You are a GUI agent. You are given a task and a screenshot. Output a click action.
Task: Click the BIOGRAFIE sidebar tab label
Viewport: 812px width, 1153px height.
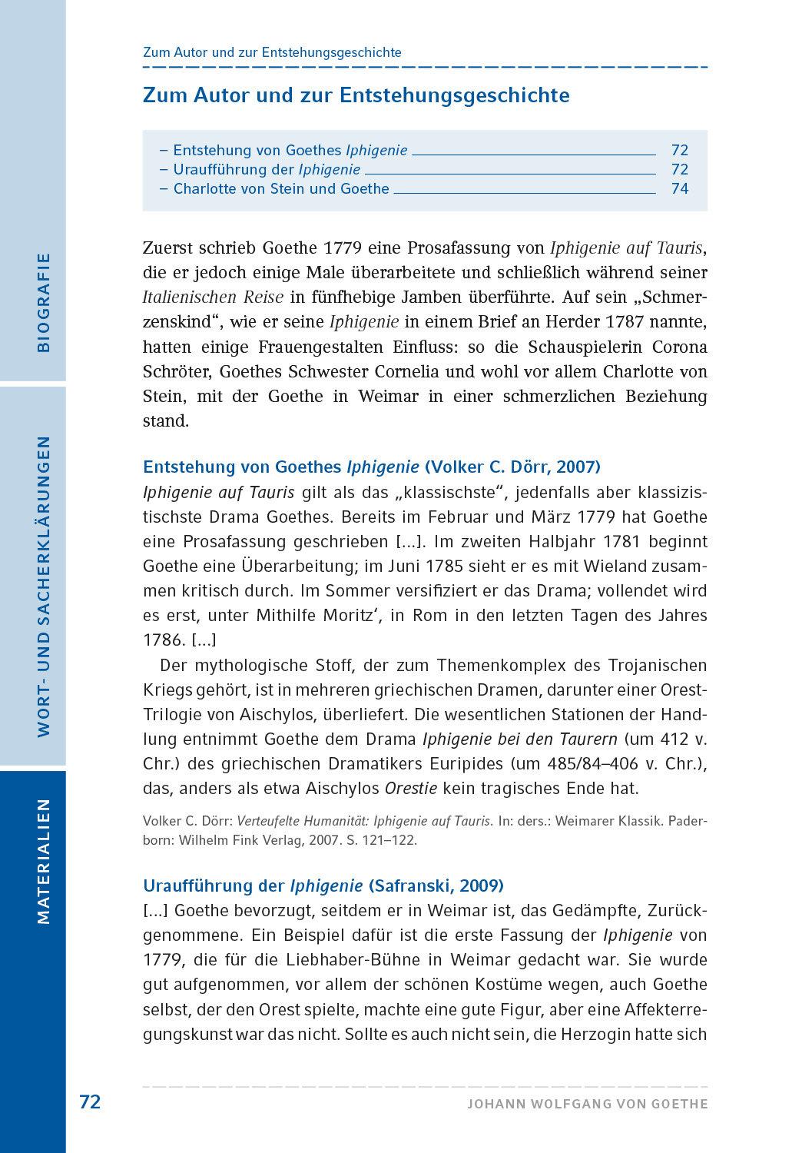click(x=44, y=302)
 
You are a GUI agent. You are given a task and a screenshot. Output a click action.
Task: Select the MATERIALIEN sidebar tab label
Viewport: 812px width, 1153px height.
click(x=44, y=861)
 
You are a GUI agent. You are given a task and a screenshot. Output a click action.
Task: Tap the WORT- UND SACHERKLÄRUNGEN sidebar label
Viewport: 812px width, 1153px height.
click(x=44, y=586)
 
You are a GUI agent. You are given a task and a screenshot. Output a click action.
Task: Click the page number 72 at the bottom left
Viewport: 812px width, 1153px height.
click(x=90, y=1102)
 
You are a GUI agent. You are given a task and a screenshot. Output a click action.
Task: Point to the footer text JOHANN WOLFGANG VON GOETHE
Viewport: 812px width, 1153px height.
click(x=588, y=1104)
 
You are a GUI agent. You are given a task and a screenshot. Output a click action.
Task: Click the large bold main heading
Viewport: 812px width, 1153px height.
click(x=356, y=95)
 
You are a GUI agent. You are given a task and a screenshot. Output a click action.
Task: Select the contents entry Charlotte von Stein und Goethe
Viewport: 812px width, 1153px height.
click(x=281, y=189)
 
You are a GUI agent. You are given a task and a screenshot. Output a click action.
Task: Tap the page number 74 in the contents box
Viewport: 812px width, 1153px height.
click(x=679, y=189)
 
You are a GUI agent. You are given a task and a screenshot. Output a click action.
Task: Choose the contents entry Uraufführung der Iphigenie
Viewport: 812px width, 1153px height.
click(x=267, y=170)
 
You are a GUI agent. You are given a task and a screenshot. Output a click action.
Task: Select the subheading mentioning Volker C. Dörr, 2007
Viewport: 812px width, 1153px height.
click(x=372, y=467)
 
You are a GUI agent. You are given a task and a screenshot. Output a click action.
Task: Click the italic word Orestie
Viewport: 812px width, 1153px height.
click(x=410, y=789)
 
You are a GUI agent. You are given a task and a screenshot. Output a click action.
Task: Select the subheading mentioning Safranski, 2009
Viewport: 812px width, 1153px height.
click(x=323, y=886)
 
